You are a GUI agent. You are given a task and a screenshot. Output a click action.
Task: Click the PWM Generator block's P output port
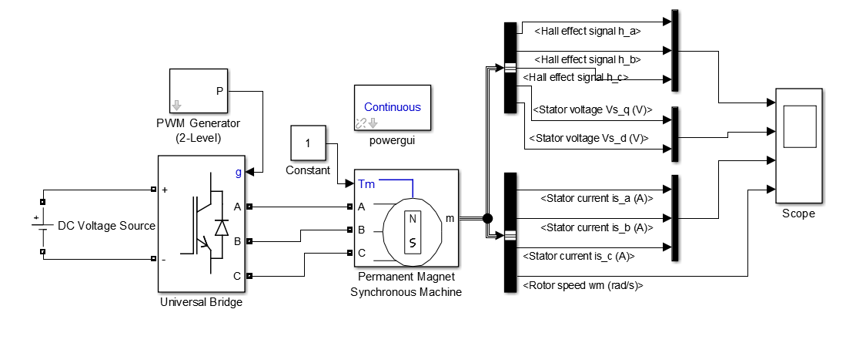[x=219, y=91]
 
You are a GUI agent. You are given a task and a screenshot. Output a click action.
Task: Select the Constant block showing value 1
[x=308, y=143]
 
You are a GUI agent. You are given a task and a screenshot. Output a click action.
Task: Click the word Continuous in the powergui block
[x=392, y=107]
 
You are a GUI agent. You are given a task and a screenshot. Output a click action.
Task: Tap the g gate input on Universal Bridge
[x=238, y=173]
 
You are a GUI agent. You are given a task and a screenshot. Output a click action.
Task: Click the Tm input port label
[x=366, y=183]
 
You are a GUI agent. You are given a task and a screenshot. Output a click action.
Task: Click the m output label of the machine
[x=450, y=218]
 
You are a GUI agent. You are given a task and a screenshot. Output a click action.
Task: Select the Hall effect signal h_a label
[x=588, y=32]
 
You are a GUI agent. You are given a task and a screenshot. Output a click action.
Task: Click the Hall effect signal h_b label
[x=588, y=59]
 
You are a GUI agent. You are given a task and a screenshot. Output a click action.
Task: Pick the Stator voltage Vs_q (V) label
[x=593, y=109]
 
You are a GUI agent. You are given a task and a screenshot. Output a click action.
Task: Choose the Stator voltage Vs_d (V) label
[x=588, y=138]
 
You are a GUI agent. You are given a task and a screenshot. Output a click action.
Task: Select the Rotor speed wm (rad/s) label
[x=583, y=285]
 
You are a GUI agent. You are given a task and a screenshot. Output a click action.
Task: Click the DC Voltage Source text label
[x=107, y=226]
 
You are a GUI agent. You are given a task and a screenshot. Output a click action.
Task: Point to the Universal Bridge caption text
[x=201, y=302]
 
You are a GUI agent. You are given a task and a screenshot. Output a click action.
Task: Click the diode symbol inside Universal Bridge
[x=222, y=227]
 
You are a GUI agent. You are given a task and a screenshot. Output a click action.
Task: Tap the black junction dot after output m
[x=486, y=218]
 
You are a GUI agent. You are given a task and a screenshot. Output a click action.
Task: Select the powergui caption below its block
[x=392, y=141]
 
